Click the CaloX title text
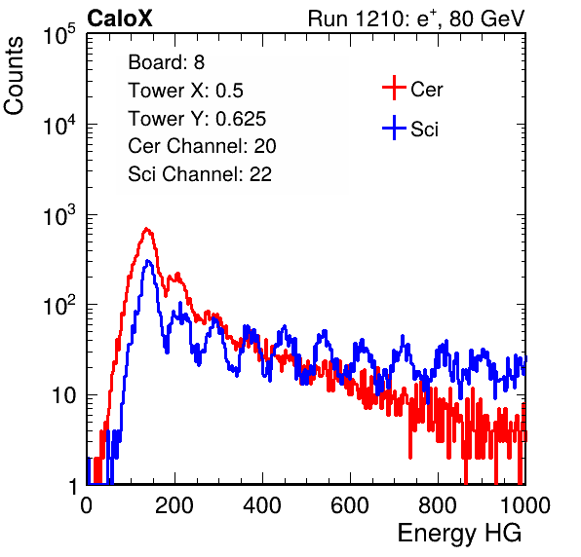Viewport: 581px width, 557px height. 120,19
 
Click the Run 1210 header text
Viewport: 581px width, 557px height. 416,19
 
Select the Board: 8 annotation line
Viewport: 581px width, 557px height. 167,62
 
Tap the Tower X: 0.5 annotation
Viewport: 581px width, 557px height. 185,91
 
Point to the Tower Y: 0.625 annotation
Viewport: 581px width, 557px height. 197,119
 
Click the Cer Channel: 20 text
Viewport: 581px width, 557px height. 202,146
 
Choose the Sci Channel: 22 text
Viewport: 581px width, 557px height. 200,174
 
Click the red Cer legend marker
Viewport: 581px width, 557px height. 394,88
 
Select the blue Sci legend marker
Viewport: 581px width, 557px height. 394,128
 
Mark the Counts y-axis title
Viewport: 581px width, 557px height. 14,75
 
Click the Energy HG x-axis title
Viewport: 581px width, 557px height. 459,534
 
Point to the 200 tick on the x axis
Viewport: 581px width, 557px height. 174,505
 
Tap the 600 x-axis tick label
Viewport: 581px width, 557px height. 350,505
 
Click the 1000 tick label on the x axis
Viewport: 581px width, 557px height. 525,505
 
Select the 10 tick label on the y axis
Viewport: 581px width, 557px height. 63,395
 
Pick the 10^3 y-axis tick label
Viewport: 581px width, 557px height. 59,215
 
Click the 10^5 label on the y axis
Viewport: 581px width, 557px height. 59,35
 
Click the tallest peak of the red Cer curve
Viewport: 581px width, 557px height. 147,229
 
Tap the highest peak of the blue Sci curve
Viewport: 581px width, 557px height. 148,261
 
